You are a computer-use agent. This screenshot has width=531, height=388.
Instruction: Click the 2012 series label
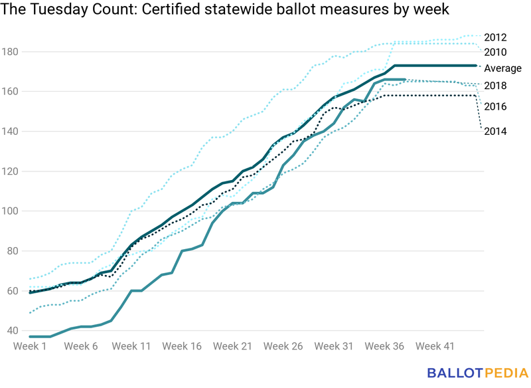pos(496,37)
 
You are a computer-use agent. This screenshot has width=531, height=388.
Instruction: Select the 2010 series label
pos(496,52)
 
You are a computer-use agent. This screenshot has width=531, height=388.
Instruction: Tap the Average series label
pos(502,68)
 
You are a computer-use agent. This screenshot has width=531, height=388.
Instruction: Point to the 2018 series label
pos(496,85)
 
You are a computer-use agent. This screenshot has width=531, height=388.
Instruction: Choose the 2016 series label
pos(496,106)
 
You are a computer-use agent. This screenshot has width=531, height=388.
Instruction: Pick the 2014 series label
pos(496,131)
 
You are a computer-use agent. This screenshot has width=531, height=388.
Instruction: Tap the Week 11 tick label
pos(132,346)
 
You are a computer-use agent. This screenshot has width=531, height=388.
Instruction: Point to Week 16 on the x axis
pos(182,346)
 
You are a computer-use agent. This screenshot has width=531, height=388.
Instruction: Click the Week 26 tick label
pos(283,346)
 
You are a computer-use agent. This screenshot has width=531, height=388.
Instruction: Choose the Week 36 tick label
pos(384,346)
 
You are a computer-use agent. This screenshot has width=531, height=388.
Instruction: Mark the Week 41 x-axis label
pos(434,346)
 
